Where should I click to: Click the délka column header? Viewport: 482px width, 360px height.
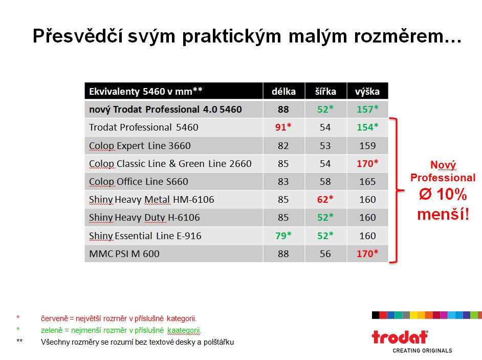coord(283,91)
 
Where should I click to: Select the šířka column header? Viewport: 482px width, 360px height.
coord(325,91)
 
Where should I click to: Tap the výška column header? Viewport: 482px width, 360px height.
coord(367,92)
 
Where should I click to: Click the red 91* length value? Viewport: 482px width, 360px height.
coord(283,127)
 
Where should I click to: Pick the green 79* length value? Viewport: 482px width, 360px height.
coord(283,236)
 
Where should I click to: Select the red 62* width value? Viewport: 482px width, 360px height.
coord(325,199)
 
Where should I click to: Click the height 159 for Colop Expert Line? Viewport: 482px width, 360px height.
coord(367,145)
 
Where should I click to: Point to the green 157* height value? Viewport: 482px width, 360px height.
coord(367,109)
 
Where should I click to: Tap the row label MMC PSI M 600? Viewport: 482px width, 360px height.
coord(124,254)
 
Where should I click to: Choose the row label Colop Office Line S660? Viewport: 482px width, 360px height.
coord(138,182)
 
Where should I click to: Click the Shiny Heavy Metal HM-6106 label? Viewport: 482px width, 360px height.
coord(151,200)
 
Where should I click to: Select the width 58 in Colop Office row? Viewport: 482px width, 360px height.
coord(325,182)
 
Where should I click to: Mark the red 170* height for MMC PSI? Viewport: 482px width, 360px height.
coord(367,253)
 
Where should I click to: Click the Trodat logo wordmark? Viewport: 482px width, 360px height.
coord(400,337)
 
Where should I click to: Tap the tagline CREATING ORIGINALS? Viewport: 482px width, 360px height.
coord(422,350)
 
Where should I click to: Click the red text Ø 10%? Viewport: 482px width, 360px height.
coord(443,195)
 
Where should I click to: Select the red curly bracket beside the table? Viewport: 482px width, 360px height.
coord(397,190)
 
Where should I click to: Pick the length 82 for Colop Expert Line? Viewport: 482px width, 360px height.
coord(283,145)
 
